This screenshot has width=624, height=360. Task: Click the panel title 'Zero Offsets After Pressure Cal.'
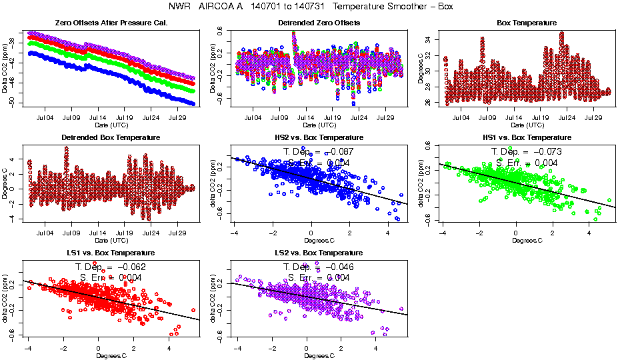tap(111, 23)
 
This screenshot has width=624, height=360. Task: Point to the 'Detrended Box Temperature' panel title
tap(111, 138)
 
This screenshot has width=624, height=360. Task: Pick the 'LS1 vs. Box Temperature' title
tap(111, 253)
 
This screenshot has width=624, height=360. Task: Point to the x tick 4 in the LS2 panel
tap(377, 348)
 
